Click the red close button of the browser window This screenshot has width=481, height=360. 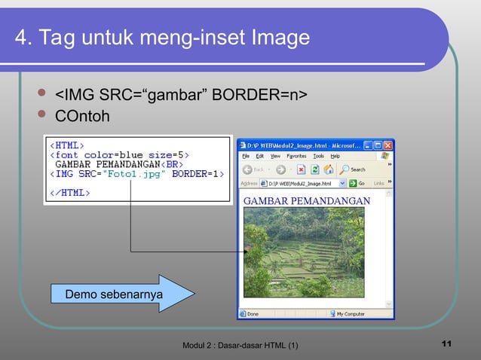pyautogui.click(x=388, y=145)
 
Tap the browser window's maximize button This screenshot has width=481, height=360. pyautogui.click(x=378, y=145)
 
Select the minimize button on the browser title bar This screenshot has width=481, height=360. pyautogui.click(x=368, y=145)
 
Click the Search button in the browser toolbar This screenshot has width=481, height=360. pyautogui.click(x=353, y=169)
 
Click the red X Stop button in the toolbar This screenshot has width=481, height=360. pyautogui.click(x=301, y=169)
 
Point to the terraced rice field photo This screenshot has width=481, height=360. pyautogui.click(x=304, y=252)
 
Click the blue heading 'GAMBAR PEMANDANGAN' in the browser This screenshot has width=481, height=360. pyautogui.click(x=306, y=200)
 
